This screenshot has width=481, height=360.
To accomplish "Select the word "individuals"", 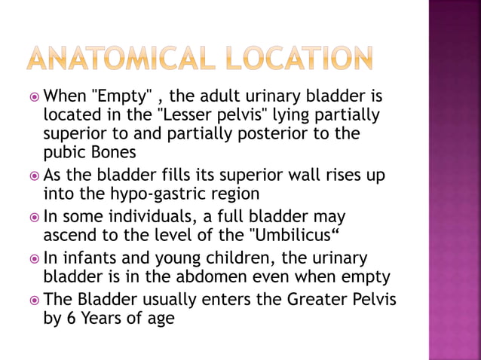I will click(159, 217).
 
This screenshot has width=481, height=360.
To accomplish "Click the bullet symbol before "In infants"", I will click(34, 258).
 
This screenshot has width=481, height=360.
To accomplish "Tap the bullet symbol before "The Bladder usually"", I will click(34, 299).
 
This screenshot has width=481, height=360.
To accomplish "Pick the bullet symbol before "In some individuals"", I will click(34, 217).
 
